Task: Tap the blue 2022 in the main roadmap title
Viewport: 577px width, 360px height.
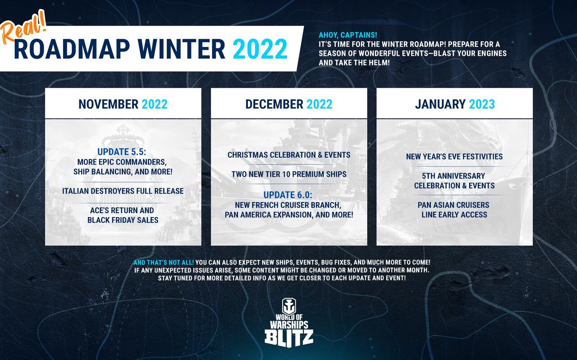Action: click(260, 49)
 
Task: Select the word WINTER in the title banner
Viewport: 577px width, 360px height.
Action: click(181, 49)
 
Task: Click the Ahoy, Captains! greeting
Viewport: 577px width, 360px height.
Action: click(348, 35)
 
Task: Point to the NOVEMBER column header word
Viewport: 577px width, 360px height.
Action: click(109, 104)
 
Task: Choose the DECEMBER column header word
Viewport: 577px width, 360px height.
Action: click(274, 104)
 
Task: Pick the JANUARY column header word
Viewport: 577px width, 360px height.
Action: click(440, 104)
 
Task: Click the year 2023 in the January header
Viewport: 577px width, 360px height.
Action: click(482, 104)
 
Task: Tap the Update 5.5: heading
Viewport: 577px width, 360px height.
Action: click(122, 152)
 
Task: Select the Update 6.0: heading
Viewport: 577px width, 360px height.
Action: click(288, 195)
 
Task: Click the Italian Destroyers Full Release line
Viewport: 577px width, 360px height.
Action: click(123, 191)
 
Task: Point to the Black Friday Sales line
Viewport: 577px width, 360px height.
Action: click(123, 220)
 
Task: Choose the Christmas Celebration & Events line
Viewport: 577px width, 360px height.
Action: click(289, 155)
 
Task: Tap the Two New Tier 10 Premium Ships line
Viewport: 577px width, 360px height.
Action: click(289, 174)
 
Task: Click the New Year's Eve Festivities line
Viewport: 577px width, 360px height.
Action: click(454, 156)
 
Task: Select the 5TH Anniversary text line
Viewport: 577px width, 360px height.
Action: click(453, 176)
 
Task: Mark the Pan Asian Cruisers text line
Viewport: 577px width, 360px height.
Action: click(453, 205)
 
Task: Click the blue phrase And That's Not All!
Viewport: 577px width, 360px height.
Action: click(164, 262)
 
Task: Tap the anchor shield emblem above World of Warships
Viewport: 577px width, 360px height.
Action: click(289, 306)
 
